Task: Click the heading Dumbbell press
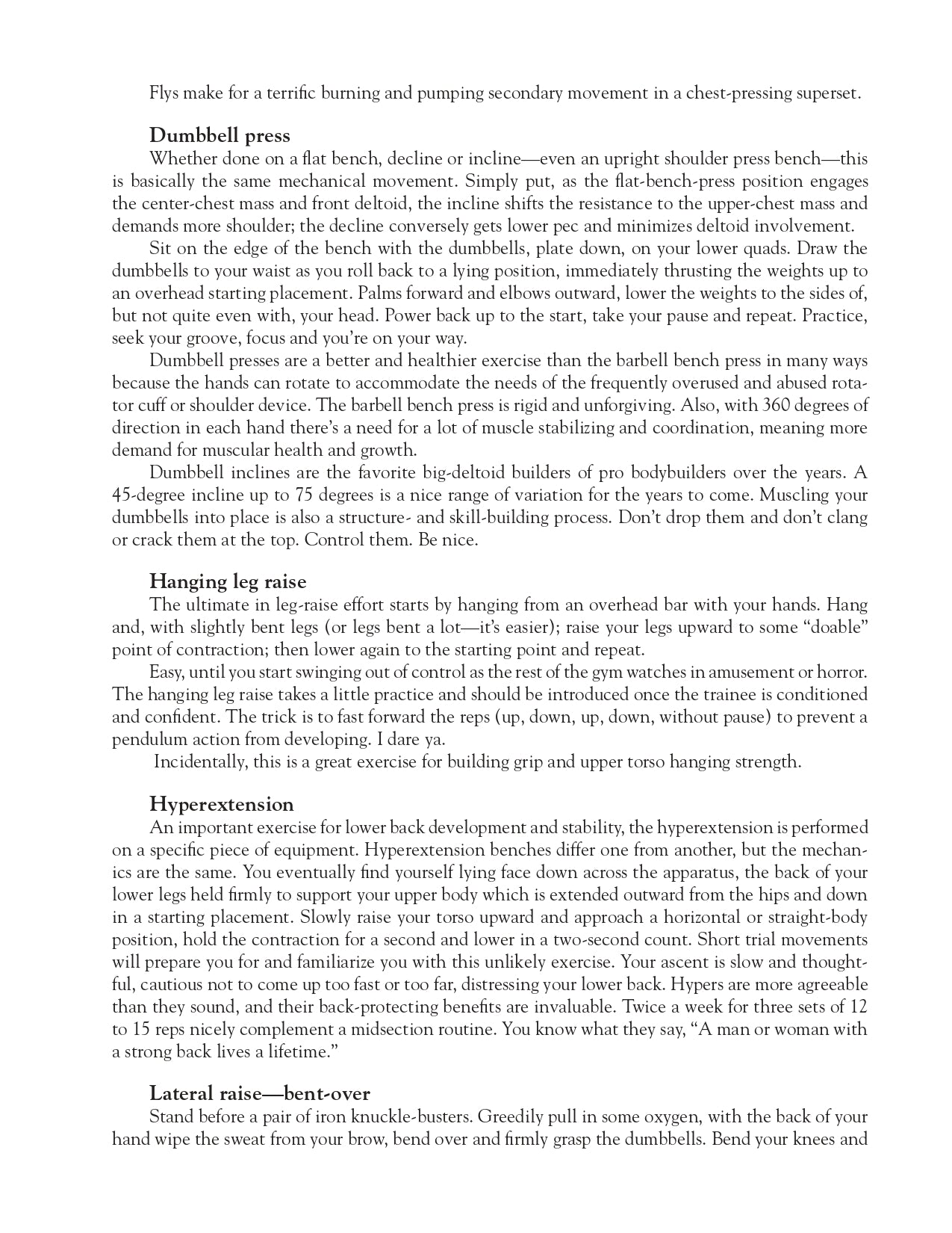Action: tap(220, 136)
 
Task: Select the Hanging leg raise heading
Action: tap(228, 581)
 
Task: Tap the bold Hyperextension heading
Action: tap(222, 805)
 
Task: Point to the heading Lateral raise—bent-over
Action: tap(260, 1094)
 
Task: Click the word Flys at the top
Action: tap(164, 93)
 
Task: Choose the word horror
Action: tap(841, 672)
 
